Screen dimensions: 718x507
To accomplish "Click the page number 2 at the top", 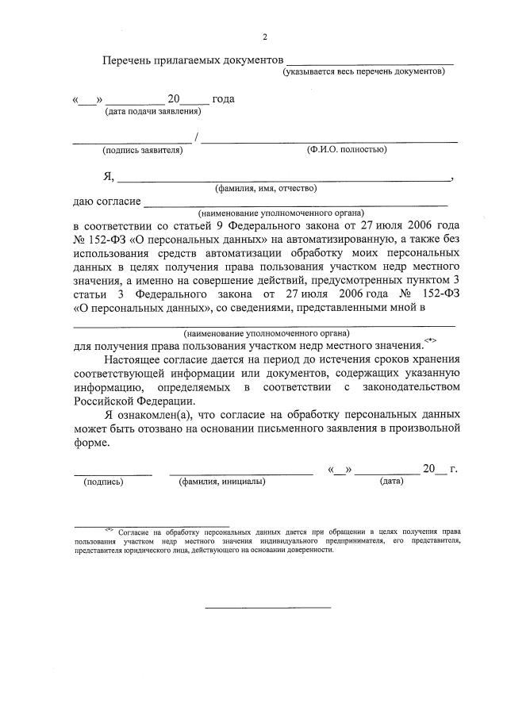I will click(x=265, y=36).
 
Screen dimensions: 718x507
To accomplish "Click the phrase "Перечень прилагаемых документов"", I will click(x=193, y=60).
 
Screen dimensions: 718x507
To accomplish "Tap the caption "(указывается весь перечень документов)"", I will click(x=364, y=71).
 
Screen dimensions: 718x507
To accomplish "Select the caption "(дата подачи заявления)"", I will click(x=153, y=111).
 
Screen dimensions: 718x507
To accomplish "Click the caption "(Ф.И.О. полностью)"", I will click(x=340, y=149).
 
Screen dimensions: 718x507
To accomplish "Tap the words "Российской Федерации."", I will click(x=124, y=401).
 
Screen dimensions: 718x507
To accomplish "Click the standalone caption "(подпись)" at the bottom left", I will click(x=103, y=481).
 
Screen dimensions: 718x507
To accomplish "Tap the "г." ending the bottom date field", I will click(x=454, y=469).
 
